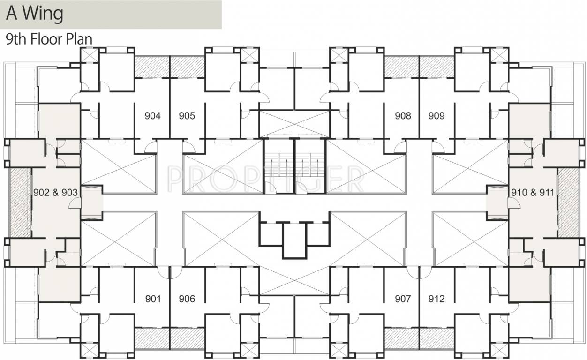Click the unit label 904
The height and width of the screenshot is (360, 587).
(x=153, y=116)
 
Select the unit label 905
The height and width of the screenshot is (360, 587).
(x=187, y=116)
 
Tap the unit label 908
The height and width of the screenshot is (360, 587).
(x=403, y=116)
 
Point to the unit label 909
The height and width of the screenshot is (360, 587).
(x=436, y=116)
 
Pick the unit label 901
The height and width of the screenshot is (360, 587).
(x=153, y=299)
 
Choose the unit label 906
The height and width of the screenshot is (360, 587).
(x=187, y=299)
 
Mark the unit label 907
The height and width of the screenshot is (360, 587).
(x=403, y=299)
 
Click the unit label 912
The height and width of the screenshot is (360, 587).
(x=436, y=299)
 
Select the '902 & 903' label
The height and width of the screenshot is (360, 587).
(x=55, y=192)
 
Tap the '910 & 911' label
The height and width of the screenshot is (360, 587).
(x=532, y=192)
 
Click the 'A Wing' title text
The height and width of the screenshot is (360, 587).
(x=34, y=14)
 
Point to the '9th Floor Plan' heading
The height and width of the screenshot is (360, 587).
(x=49, y=39)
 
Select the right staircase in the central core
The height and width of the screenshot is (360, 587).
(x=310, y=166)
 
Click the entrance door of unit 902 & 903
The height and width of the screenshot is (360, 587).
(x=74, y=203)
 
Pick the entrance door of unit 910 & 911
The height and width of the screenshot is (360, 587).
(x=513, y=203)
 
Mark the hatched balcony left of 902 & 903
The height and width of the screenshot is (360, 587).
(x=20, y=202)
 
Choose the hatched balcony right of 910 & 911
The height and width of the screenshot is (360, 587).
(x=568, y=202)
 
